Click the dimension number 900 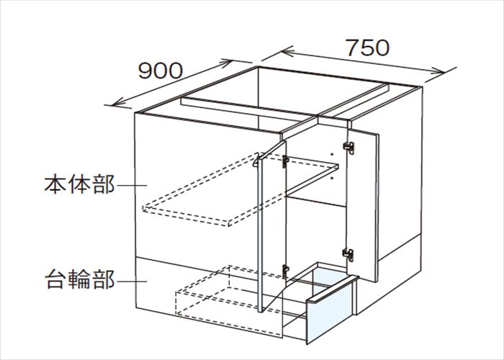tap(161, 71)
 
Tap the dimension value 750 tap(368, 48)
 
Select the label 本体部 tap(79, 184)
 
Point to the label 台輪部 tap(79, 279)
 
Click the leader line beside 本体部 tap(132, 185)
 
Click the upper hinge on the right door tap(349, 148)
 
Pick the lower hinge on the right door tap(348, 255)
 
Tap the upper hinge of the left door tap(285, 162)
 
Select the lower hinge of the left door tap(285, 271)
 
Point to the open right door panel tap(362, 206)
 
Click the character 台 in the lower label tap(55, 279)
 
